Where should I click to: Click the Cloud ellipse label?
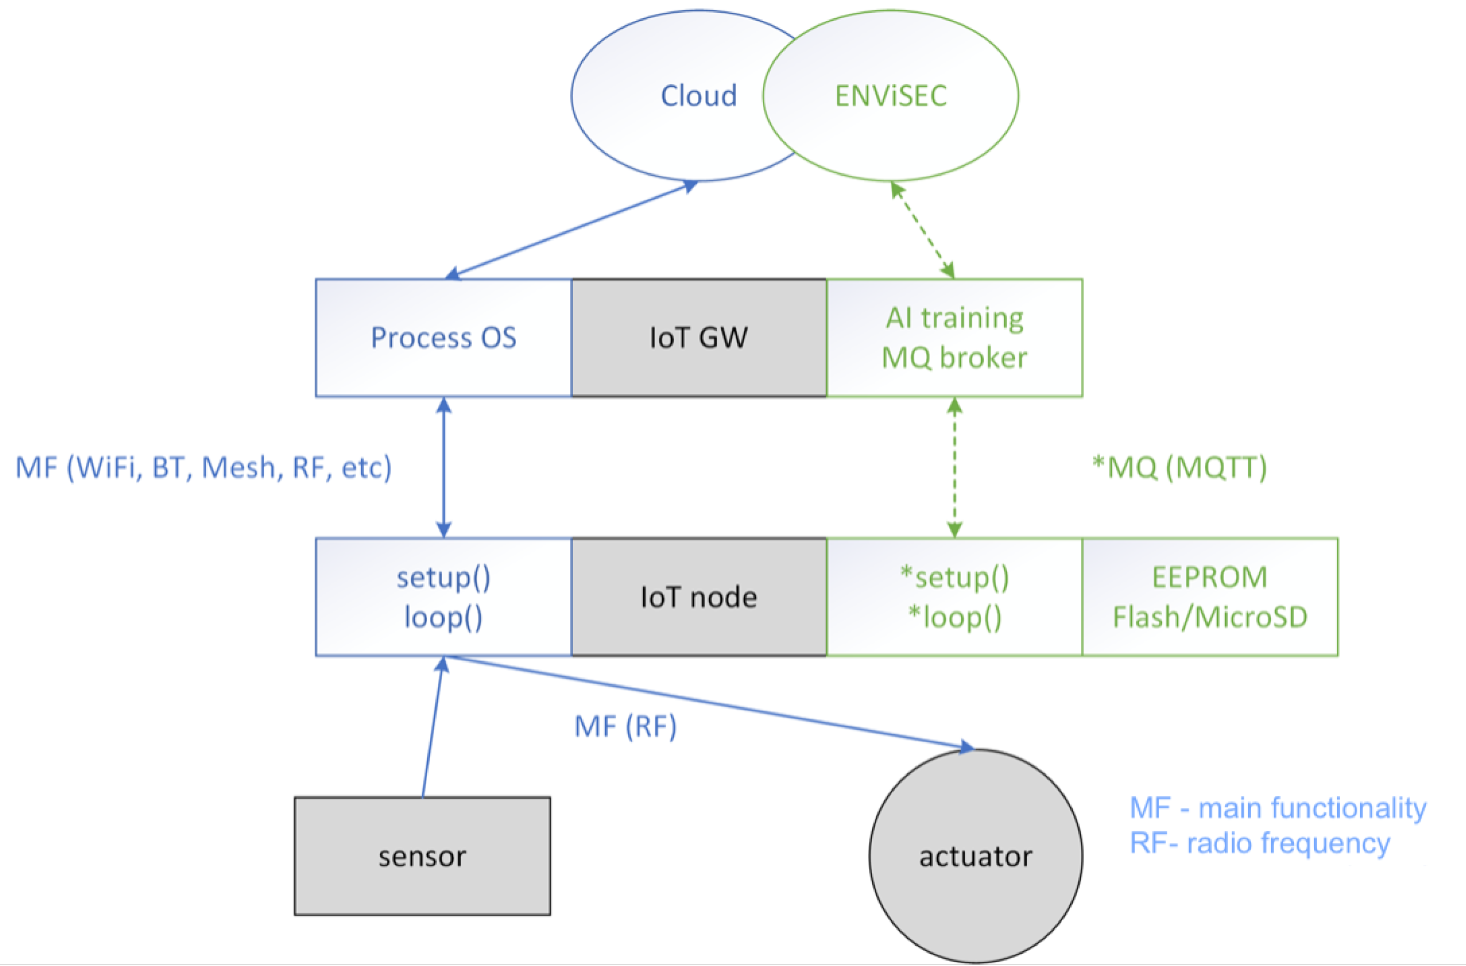pyautogui.click(x=698, y=96)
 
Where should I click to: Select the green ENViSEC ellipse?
pyautogui.click(x=891, y=96)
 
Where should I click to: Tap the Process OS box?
pyautogui.click(x=444, y=338)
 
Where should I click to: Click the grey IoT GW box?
pyautogui.click(x=698, y=338)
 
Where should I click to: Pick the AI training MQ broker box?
pyautogui.click(x=954, y=338)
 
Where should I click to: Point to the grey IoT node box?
pyautogui.click(x=698, y=597)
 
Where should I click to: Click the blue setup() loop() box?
pyautogui.click(x=444, y=597)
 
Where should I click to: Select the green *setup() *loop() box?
pyautogui.click(x=954, y=597)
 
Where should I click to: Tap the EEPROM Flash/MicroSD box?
pyautogui.click(x=1210, y=597)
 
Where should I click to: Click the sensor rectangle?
pyautogui.click(x=422, y=856)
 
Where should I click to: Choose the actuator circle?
pyautogui.click(x=976, y=856)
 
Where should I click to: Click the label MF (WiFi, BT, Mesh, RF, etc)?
pyautogui.click(x=203, y=468)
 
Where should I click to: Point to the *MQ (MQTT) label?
pyautogui.click(x=1179, y=468)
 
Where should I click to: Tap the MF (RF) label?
pyautogui.click(x=625, y=726)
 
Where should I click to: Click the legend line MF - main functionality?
pyautogui.click(x=1277, y=808)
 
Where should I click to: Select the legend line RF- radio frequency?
pyautogui.click(x=1260, y=843)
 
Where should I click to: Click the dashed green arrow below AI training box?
pyautogui.click(x=954, y=468)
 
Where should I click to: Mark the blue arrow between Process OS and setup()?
pyautogui.click(x=444, y=468)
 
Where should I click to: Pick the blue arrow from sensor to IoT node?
pyautogui.click(x=433, y=727)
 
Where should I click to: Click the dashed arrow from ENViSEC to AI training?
pyautogui.click(x=923, y=230)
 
